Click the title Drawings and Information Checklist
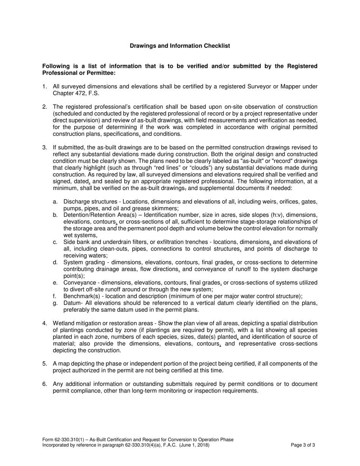coord(180,46)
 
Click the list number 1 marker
coord(44,87)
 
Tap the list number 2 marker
coord(44,107)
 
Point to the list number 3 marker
coord(44,147)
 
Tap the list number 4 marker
coord(44,323)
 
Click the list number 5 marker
coord(44,364)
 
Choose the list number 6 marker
coord(44,384)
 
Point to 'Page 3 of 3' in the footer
coord(303,446)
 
